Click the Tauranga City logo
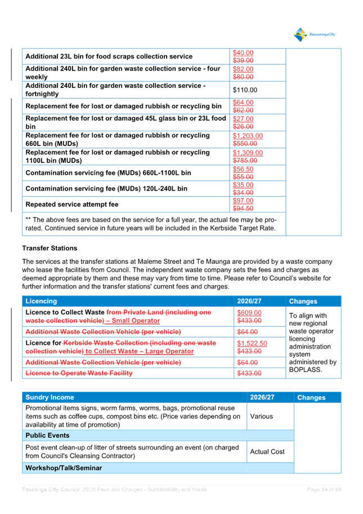point(314,35)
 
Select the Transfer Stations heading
point(50,249)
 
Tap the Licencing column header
point(41,302)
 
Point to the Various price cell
point(262,416)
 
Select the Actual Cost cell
point(267,451)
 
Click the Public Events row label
point(48,436)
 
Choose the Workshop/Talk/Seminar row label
point(64,468)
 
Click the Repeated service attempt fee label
point(72,204)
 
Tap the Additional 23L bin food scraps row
point(109,56)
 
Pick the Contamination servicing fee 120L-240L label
point(106,188)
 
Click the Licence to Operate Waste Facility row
point(79,373)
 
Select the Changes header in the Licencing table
point(303,302)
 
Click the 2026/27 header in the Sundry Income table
point(262,397)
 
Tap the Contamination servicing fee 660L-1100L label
point(108,172)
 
